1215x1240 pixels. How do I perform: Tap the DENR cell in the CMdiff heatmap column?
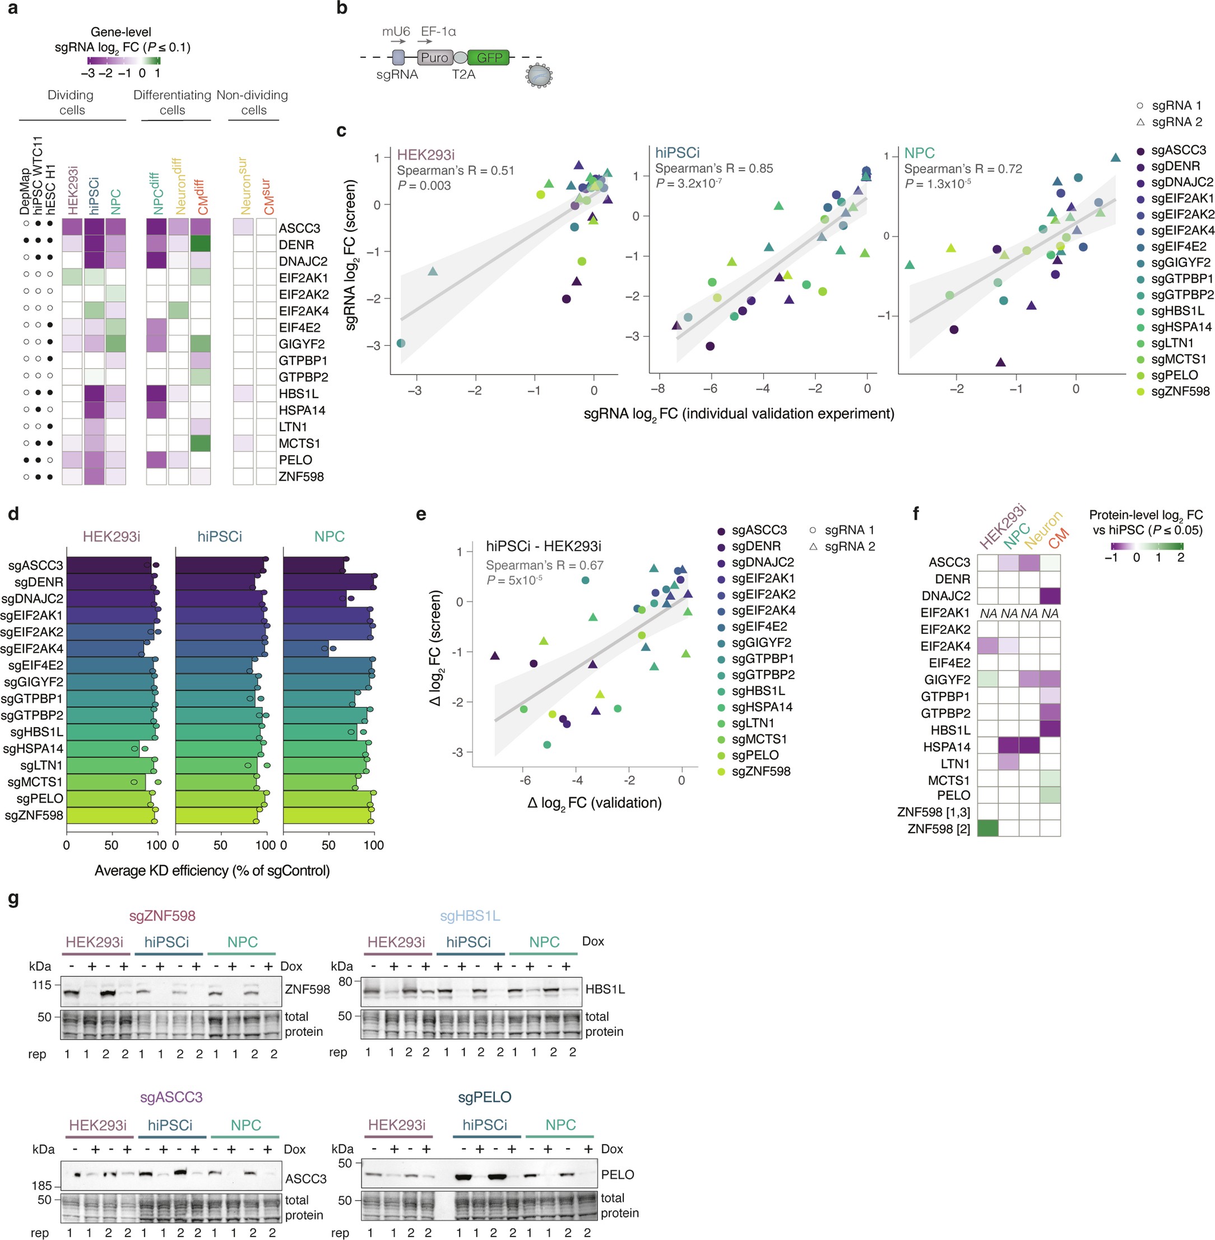[x=201, y=244]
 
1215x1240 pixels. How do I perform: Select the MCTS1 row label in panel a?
[x=299, y=443]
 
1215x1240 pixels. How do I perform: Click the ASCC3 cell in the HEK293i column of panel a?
[x=72, y=228]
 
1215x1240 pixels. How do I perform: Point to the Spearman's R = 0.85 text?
[x=713, y=169]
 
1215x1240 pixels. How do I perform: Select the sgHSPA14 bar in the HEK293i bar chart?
[x=103, y=748]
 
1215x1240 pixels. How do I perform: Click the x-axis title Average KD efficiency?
[x=212, y=871]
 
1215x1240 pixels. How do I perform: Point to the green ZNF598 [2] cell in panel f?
[x=988, y=829]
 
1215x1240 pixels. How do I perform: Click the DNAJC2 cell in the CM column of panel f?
[x=1050, y=595]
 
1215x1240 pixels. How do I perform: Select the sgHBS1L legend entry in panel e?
[x=758, y=691]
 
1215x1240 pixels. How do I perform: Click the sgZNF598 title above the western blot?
[x=162, y=916]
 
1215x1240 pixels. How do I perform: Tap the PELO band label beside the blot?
[x=617, y=1174]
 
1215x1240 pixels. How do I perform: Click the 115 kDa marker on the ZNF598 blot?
[x=41, y=985]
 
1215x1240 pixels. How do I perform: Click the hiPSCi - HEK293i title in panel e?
[x=543, y=547]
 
